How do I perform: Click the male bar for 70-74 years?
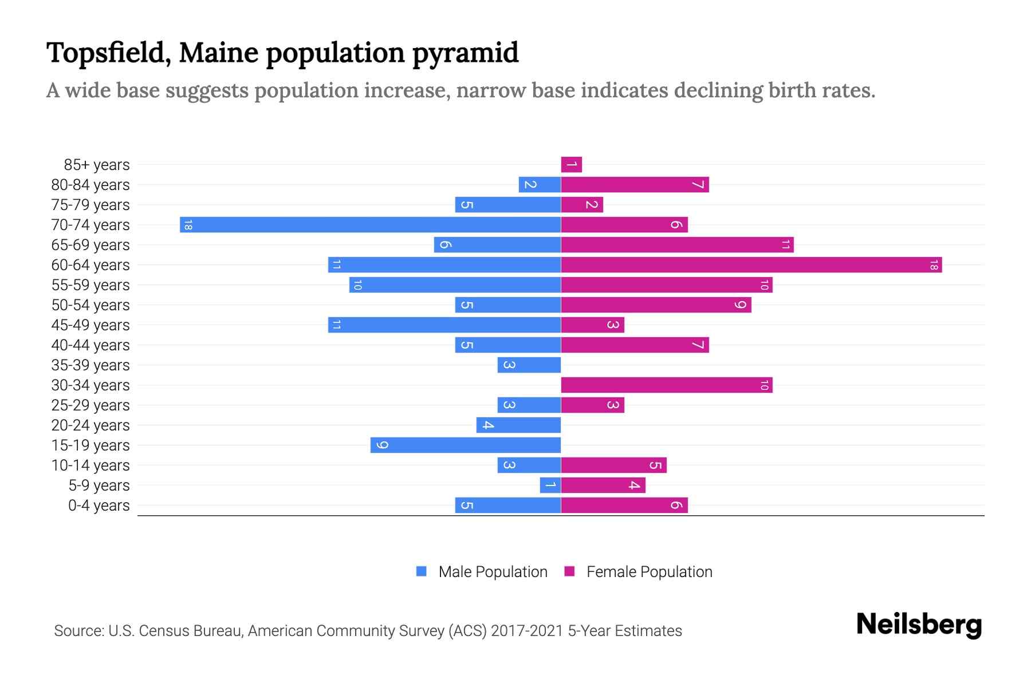click(x=370, y=225)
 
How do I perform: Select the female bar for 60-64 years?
click(x=751, y=265)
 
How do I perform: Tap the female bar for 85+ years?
click(x=572, y=165)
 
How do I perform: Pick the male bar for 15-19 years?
click(x=465, y=445)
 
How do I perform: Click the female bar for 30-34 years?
click(x=666, y=385)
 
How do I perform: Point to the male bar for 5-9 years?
click(x=550, y=485)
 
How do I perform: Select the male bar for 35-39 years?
click(x=529, y=365)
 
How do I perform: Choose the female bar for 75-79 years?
click(x=582, y=205)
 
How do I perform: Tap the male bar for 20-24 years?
click(x=518, y=425)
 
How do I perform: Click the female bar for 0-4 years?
click(x=624, y=506)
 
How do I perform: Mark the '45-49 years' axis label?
click(x=90, y=325)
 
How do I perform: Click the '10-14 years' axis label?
click(x=90, y=465)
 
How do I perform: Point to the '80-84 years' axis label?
click(x=90, y=185)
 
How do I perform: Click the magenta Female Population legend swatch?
click(x=569, y=571)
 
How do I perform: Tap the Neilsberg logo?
click(x=919, y=625)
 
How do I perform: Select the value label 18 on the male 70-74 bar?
click(x=187, y=225)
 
